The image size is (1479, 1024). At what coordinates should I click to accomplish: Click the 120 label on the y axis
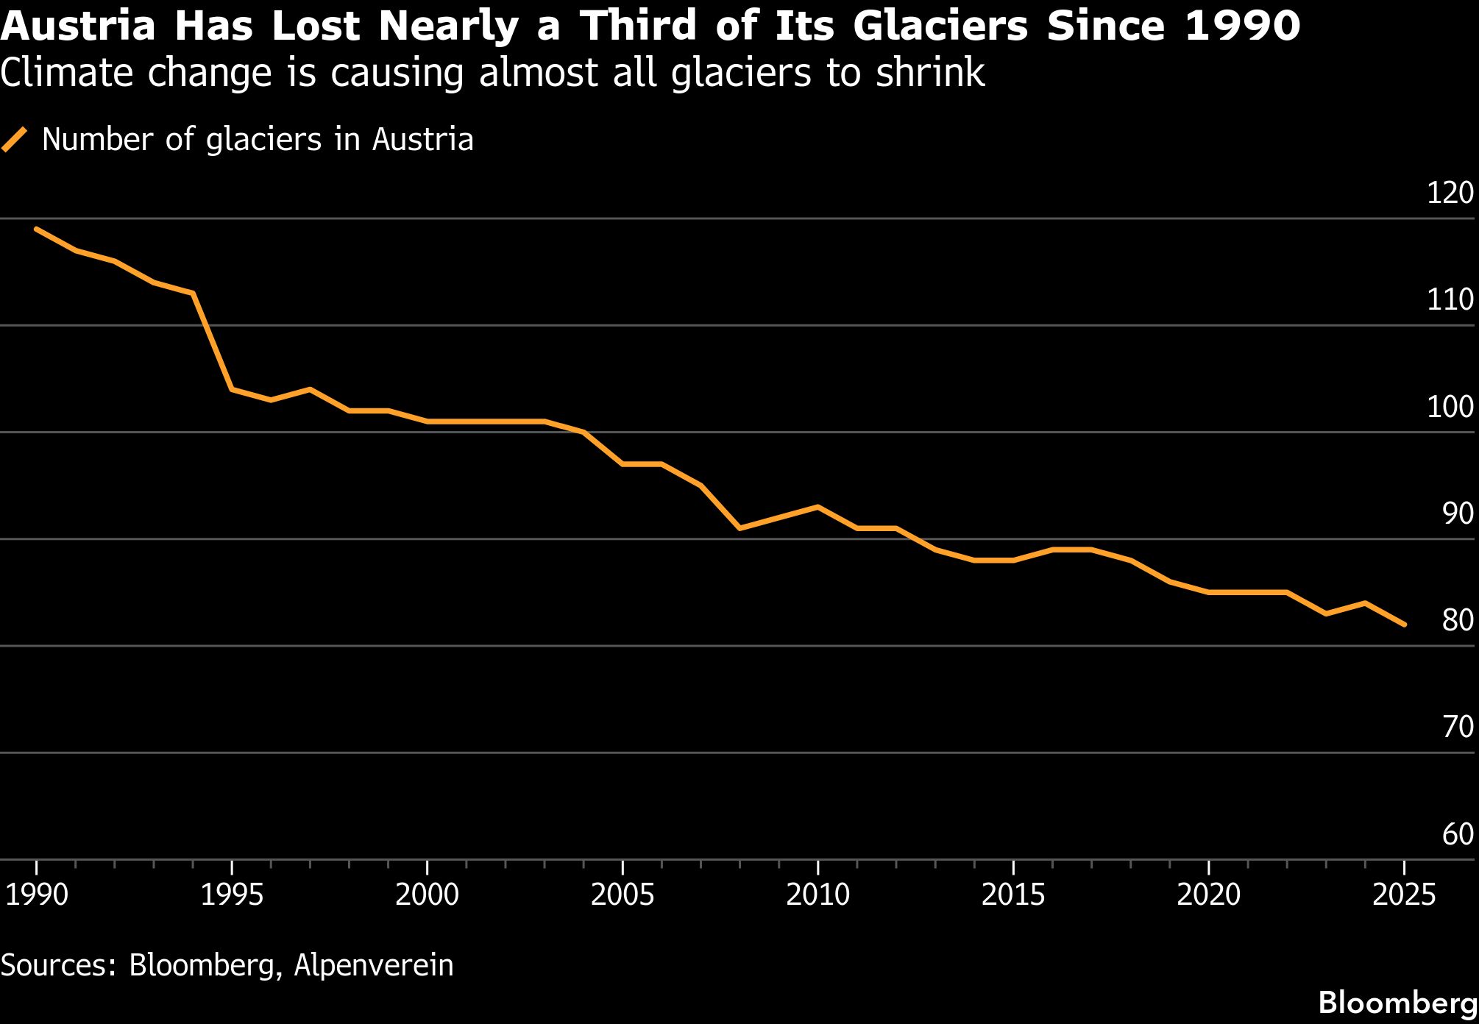[1450, 193]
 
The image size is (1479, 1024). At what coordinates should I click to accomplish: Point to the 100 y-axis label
[1450, 407]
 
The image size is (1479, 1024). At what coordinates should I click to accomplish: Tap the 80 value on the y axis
[1458, 620]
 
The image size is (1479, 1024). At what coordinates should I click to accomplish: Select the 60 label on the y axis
[1458, 834]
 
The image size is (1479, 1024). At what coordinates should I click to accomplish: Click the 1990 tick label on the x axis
[36, 895]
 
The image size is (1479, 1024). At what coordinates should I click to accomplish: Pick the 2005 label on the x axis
[622, 895]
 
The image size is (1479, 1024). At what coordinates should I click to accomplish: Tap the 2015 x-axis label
[1012, 895]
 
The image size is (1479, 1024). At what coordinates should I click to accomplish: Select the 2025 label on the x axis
[1404, 895]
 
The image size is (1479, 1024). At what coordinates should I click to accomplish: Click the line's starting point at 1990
[36, 229]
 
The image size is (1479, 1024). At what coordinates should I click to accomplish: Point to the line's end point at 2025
[1405, 625]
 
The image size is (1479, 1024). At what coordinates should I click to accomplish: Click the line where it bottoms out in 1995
[232, 389]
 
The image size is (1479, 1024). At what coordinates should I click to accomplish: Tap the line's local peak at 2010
[817, 507]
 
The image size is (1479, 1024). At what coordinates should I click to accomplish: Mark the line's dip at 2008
[739, 528]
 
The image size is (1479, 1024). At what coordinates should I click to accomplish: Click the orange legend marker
[15, 139]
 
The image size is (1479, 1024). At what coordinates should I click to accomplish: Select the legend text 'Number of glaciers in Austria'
[258, 139]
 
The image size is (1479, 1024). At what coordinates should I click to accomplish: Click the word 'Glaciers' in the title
[940, 26]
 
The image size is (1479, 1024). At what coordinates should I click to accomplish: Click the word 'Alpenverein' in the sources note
[374, 965]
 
